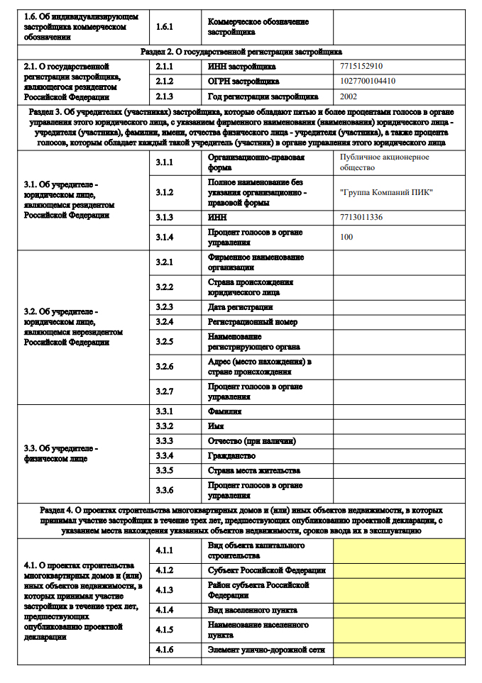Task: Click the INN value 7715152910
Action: click(361, 66)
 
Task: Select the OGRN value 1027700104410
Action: click(368, 81)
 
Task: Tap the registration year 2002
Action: click(349, 96)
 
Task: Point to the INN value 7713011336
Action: click(361, 217)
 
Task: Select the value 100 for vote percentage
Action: click(346, 237)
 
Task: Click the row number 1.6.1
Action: click(164, 27)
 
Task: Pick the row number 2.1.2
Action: click(164, 81)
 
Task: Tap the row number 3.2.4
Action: click(164, 322)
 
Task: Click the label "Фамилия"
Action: click(224, 411)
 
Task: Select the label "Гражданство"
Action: click(231, 455)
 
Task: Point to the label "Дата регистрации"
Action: click(240, 307)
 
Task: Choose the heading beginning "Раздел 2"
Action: click(241, 52)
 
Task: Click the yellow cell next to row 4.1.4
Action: click(399, 610)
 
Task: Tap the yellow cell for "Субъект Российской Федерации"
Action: click(399, 570)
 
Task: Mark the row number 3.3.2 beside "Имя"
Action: click(164, 426)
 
